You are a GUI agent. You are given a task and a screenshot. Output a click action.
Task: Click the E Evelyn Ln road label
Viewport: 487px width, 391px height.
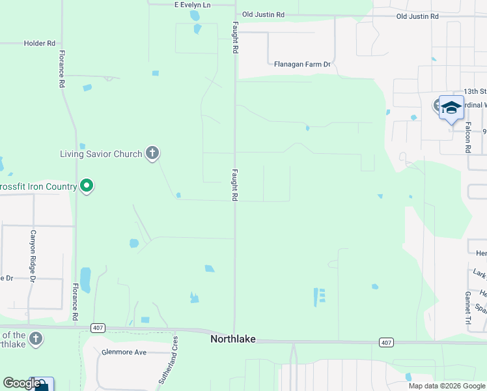point(193,5)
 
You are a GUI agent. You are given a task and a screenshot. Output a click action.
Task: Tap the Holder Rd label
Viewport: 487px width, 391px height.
point(39,44)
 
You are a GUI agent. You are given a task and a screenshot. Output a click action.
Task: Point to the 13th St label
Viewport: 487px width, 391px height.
point(475,92)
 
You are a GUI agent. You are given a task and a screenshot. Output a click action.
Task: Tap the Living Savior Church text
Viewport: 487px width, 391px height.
point(101,154)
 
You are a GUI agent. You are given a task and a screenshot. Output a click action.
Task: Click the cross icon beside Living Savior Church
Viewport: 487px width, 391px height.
point(152,154)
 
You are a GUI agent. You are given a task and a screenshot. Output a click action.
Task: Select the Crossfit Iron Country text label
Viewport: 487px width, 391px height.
point(38,187)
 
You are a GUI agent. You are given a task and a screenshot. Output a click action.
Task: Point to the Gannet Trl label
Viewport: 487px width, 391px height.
point(467,308)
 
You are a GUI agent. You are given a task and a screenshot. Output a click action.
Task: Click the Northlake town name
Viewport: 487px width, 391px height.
point(232,340)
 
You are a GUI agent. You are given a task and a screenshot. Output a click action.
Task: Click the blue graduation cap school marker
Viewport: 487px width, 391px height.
point(451,108)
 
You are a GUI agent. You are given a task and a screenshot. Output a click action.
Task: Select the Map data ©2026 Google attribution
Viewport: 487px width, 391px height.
point(447,386)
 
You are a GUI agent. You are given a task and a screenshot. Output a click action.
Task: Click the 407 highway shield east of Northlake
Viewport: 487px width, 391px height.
point(386,342)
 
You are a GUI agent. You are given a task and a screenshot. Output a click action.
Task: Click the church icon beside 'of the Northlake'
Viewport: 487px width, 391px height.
point(36,339)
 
